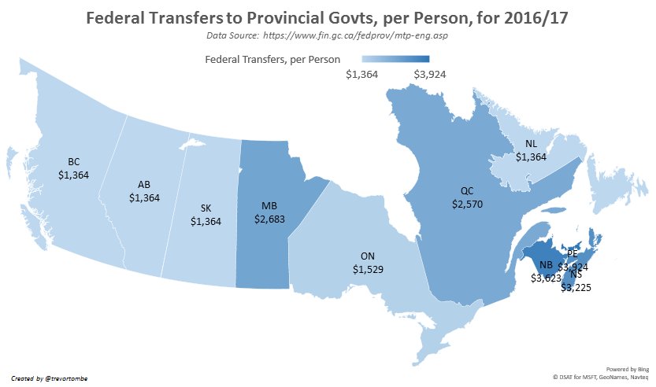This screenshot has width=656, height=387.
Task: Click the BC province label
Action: [74, 162]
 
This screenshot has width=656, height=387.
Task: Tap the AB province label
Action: [144, 185]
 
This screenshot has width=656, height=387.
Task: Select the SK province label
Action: [206, 208]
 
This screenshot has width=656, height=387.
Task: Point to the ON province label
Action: [368, 257]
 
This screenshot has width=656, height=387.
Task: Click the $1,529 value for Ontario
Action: [368, 270]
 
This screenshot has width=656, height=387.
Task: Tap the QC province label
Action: [467, 191]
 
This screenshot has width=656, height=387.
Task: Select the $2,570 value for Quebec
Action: [467, 204]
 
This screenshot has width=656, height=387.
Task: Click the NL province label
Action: [532, 144]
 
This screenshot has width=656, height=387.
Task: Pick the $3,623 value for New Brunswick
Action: [546, 278]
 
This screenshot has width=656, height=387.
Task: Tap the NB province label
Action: [545, 266]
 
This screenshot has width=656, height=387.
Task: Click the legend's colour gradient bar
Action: [396, 59]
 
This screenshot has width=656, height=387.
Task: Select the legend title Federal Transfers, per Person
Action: [272, 59]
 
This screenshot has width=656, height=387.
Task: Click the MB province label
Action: [269, 206]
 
